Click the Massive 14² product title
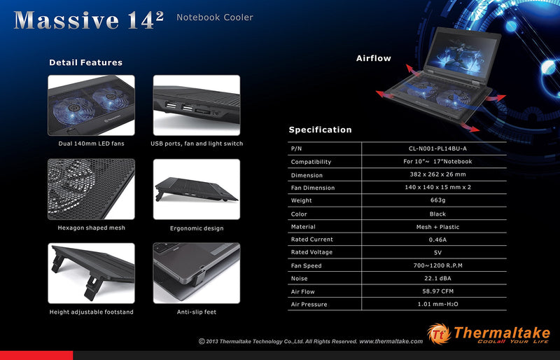89,20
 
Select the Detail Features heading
85,62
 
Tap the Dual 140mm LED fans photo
92,105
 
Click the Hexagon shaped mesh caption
92,228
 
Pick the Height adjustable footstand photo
92,273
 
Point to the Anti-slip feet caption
197,312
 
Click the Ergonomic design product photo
197,189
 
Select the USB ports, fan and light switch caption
197,144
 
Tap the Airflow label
374,58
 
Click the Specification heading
320,130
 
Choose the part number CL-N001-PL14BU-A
437,148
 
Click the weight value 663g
438,200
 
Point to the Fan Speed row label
306,265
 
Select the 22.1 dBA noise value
437,278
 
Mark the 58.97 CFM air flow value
438,291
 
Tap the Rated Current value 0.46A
437,240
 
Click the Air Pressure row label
309,304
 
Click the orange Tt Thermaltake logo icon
439,334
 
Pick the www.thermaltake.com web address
391,341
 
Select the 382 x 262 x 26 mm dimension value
438,174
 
